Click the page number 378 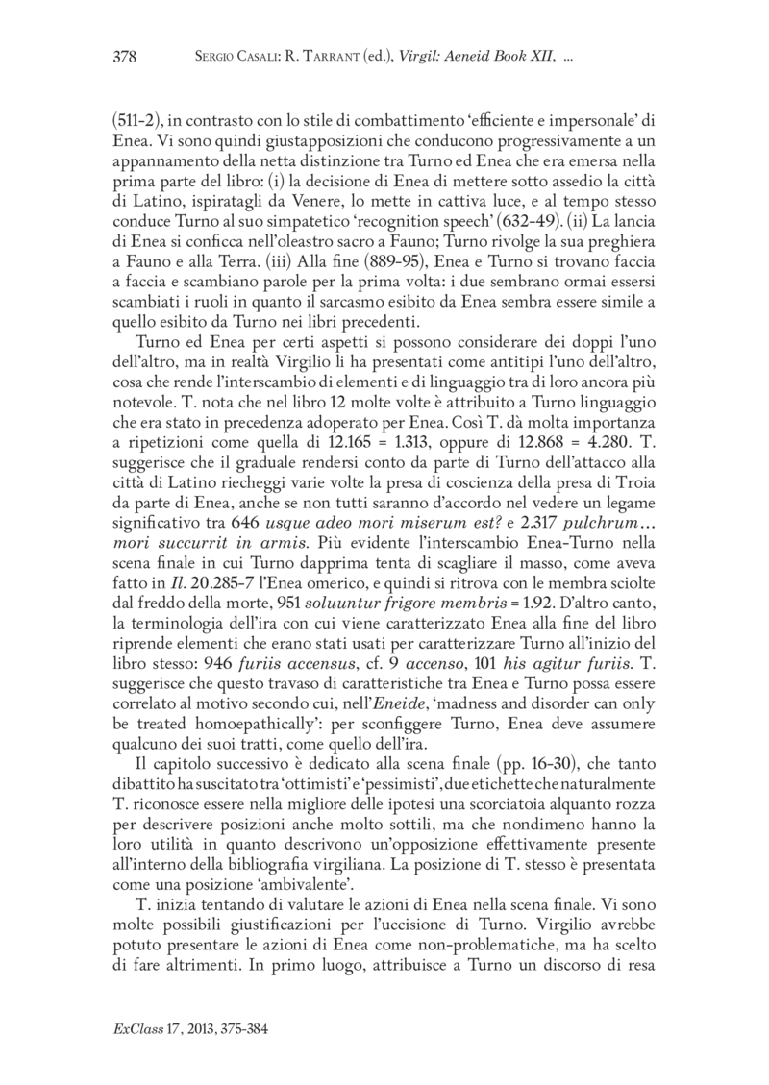125,57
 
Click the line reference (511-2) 139,122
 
